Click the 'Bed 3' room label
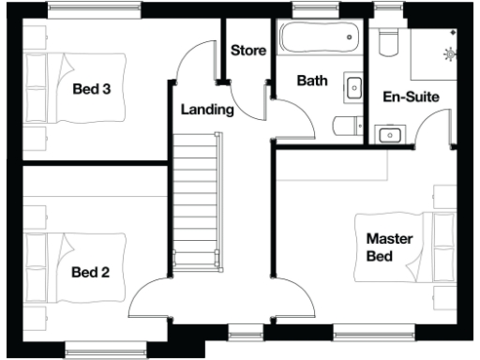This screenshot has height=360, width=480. [x=93, y=90]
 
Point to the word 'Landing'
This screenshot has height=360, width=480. [x=206, y=110]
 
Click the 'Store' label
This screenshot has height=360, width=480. [x=248, y=50]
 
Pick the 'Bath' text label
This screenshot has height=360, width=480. [x=312, y=82]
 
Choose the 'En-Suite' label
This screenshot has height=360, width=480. [x=412, y=97]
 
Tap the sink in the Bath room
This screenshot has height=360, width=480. [x=354, y=88]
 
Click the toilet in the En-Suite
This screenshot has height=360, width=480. [x=386, y=43]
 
